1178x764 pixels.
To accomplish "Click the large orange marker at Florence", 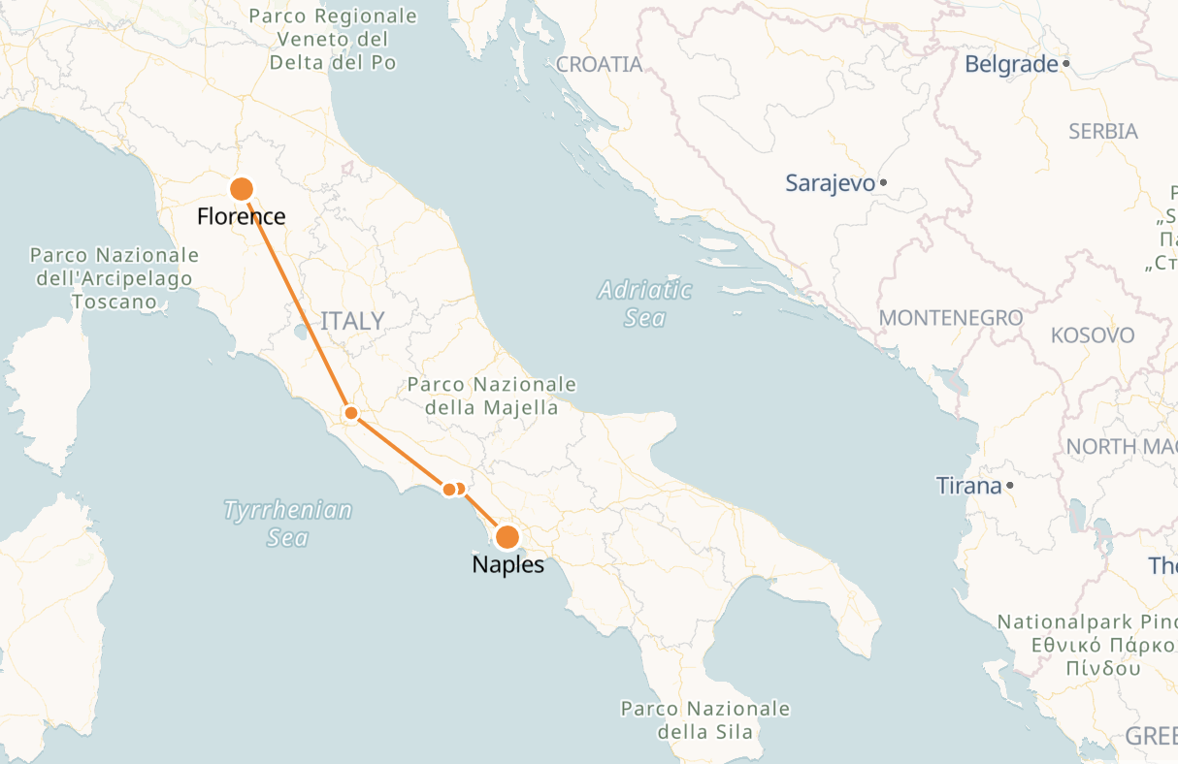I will (x=241, y=188).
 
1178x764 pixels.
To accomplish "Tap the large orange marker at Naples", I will (x=507, y=537).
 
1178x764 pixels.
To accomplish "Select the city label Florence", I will (x=242, y=215).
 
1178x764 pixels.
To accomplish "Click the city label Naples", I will (x=507, y=564).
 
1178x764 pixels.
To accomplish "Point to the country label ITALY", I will (x=352, y=321).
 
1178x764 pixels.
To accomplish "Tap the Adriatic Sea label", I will (x=645, y=303).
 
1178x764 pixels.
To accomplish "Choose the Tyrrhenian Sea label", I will (x=287, y=524).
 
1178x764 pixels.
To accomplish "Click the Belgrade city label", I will (x=1011, y=64).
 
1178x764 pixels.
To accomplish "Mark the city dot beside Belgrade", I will (x=1066, y=64).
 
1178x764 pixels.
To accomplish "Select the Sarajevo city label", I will (x=830, y=182).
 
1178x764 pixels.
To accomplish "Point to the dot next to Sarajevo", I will (x=883, y=182).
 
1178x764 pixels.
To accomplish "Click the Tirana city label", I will (x=968, y=486).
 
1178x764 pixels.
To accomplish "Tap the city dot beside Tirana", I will (x=1010, y=485).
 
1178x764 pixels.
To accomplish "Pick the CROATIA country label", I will (x=600, y=65).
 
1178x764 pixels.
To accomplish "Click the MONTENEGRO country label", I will (x=950, y=318).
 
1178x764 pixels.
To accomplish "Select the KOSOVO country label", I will (x=1092, y=335).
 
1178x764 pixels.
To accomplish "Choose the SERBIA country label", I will (x=1102, y=131).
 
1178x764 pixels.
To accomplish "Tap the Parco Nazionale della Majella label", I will (x=491, y=396).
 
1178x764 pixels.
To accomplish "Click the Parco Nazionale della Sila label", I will (x=704, y=720).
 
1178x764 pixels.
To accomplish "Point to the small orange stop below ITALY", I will (x=352, y=413).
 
